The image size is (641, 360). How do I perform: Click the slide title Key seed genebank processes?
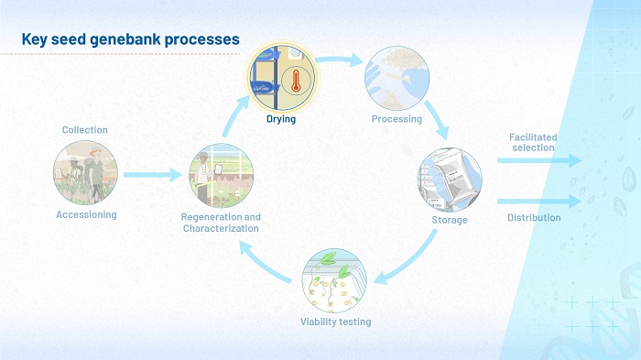[130, 39]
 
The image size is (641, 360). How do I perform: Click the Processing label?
[397, 119]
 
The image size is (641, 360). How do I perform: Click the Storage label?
[450, 220]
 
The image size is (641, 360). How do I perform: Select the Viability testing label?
[336, 322]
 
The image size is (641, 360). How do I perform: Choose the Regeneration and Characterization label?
[222, 223]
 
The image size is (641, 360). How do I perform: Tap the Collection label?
[85, 130]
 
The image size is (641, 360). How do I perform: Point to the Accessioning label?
[85, 214]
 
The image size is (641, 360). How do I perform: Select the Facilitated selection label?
[532, 142]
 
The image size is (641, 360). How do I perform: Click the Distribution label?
[534, 218]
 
